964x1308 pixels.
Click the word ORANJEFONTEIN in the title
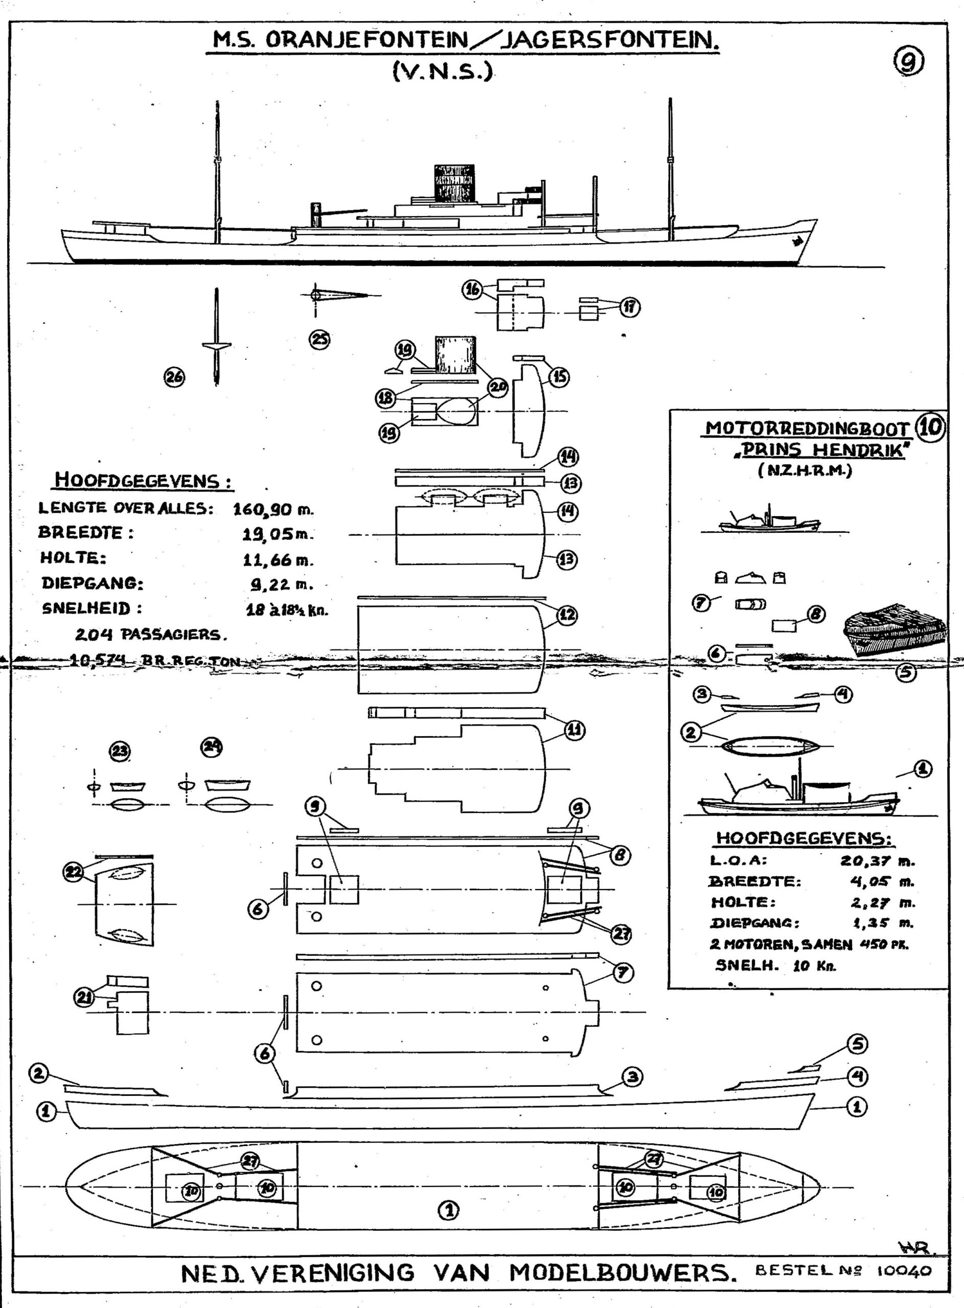366,40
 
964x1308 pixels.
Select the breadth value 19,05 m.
278,534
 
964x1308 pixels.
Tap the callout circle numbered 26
173,378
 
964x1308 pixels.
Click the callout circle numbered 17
629,307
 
